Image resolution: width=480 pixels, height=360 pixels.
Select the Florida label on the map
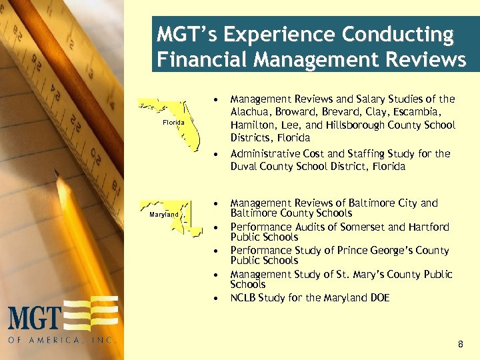coord(173,123)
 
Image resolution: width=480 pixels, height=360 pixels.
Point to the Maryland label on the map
coord(163,215)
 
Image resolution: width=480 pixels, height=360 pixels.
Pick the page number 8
coord(460,344)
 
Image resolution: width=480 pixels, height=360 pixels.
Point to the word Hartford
coord(429,227)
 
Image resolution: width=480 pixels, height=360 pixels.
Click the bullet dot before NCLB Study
coord(217,299)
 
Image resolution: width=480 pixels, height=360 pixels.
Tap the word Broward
coord(294,112)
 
